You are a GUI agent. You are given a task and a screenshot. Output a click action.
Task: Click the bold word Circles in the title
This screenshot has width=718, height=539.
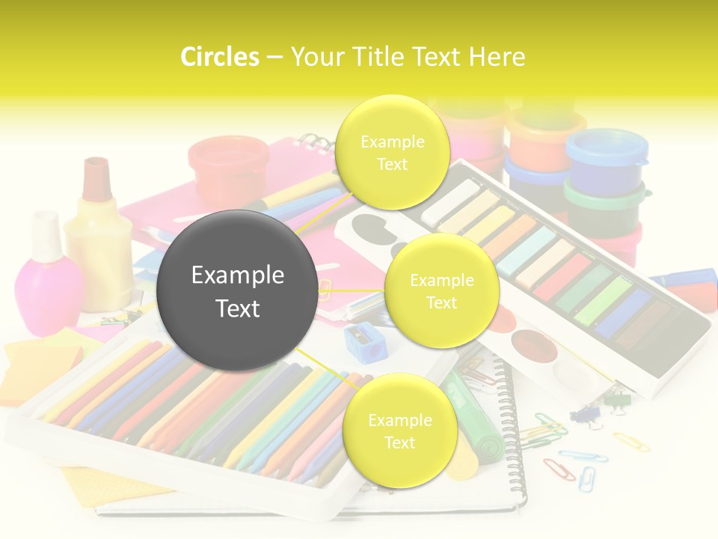tap(220, 57)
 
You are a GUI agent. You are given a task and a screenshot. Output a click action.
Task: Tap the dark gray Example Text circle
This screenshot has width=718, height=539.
tap(237, 290)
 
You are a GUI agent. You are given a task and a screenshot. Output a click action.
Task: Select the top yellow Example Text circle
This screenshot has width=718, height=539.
tap(392, 152)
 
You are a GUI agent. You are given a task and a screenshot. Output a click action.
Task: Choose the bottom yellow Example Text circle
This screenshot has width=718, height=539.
tap(399, 430)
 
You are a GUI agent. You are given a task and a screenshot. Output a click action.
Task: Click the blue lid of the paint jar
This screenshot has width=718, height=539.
tap(606, 148)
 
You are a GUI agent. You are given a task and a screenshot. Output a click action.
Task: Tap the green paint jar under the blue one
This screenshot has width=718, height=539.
tap(603, 195)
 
